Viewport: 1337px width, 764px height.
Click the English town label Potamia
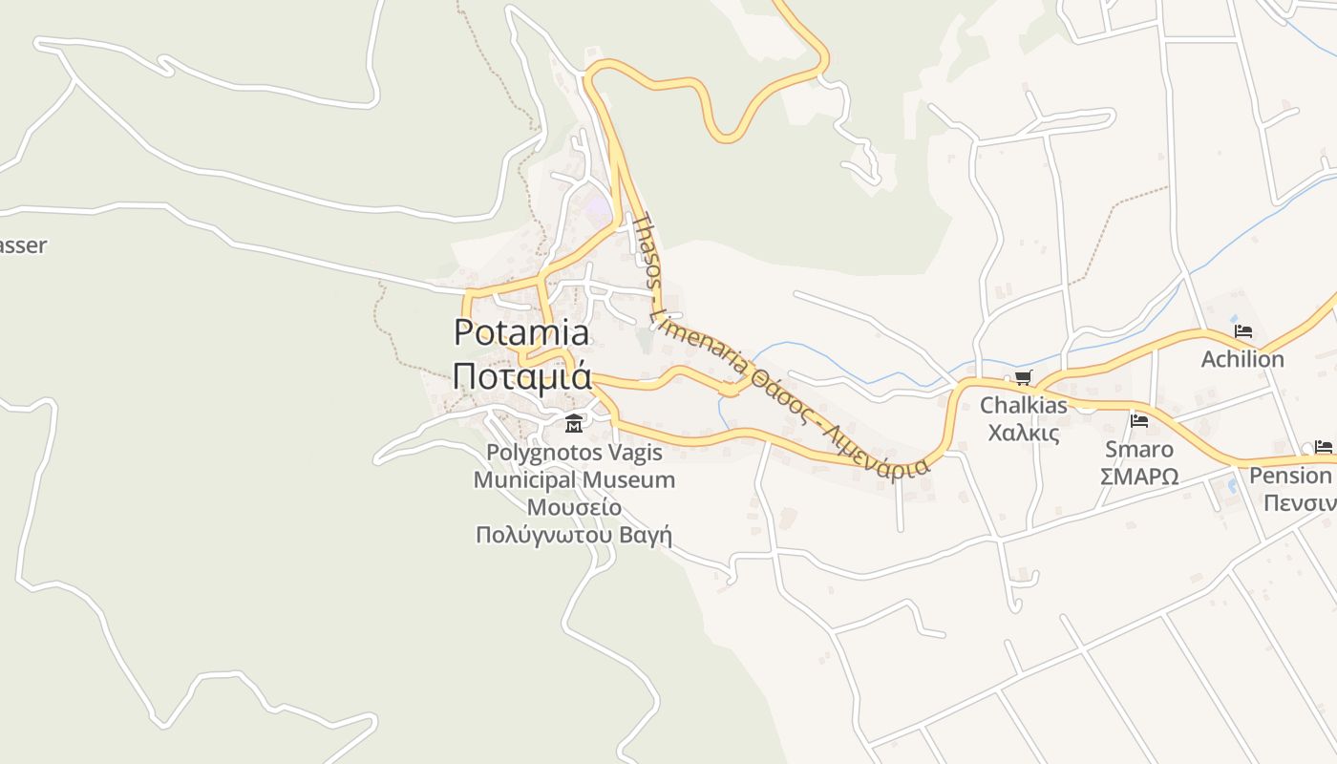point(521,332)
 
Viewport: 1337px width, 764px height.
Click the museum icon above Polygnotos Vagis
point(574,424)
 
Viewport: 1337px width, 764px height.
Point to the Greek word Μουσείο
point(574,506)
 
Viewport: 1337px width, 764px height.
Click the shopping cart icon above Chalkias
point(1023,377)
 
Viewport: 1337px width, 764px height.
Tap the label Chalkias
point(1024,405)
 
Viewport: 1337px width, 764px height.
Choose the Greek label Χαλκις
point(1024,433)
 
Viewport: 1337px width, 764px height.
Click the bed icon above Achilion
point(1242,331)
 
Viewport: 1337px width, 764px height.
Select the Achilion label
point(1242,359)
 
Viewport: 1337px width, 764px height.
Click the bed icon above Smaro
point(1138,420)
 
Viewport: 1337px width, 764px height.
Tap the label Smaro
point(1138,449)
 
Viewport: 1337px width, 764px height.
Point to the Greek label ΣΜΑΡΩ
point(1138,476)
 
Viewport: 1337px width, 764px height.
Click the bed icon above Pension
point(1323,446)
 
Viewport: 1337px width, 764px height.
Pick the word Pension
point(1290,476)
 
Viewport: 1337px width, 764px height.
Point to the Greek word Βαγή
point(649,535)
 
